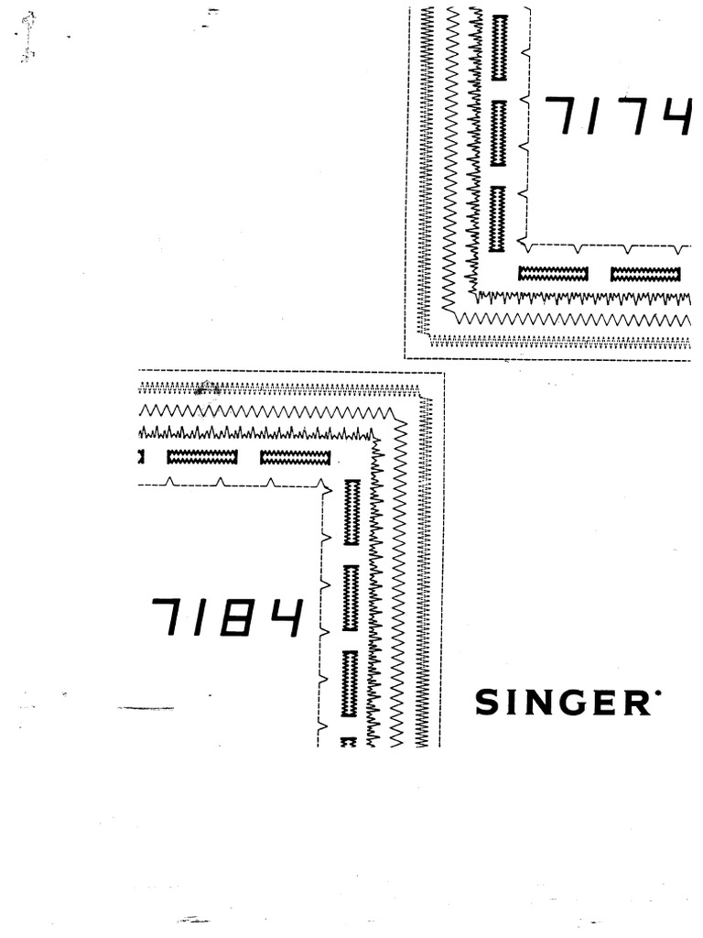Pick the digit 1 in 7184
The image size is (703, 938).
[x=203, y=618]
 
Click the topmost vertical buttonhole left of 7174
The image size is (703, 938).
[x=499, y=48]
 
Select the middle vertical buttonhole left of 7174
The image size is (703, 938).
[x=499, y=133]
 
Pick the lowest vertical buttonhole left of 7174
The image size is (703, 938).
[x=498, y=219]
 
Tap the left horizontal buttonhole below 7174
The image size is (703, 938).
[x=553, y=274]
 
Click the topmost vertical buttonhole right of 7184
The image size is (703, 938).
[x=351, y=512]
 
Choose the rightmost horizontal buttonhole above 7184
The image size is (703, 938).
[x=295, y=457]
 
